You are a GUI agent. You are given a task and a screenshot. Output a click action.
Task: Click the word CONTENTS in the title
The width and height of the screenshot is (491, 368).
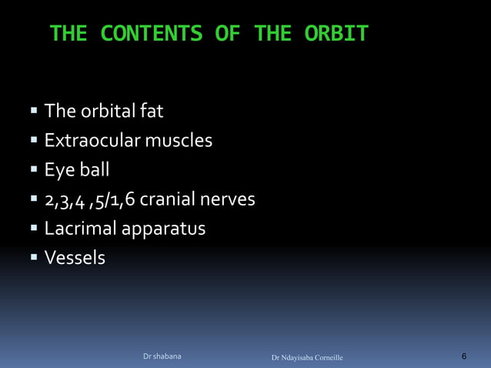(152, 34)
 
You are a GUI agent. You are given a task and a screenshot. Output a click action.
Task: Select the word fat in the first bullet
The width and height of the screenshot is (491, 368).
(150, 112)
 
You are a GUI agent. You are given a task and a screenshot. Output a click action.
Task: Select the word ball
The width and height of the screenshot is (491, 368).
(93, 170)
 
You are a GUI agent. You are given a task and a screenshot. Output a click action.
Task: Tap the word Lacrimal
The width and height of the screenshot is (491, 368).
(78, 229)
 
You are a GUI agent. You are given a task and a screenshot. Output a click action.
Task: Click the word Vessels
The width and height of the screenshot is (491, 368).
(75, 258)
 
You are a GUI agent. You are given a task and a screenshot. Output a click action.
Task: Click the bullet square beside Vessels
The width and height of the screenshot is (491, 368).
(34, 257)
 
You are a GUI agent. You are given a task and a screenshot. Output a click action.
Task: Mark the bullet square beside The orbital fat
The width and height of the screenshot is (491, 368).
(34, 112)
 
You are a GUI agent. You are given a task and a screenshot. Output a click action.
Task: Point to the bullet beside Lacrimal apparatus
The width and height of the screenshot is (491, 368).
(34, 228)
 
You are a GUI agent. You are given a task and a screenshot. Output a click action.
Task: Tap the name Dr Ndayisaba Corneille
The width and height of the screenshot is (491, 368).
(308, 358)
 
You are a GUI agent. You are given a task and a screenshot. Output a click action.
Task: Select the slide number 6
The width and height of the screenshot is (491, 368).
(464, 356)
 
